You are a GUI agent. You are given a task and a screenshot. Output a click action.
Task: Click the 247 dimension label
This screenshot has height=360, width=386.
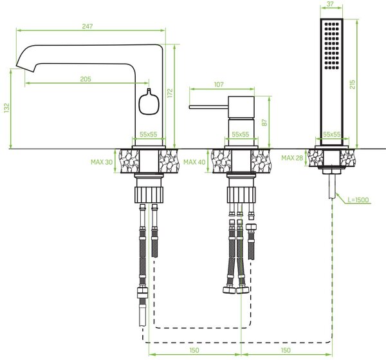(x=87, y=26)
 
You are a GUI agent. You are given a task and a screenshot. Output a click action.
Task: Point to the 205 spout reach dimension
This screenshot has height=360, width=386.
(x=86, y=79)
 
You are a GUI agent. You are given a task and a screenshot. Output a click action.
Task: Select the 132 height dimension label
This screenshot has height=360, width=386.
(x=6, y=108)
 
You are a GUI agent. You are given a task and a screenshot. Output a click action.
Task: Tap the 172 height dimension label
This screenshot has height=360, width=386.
(x=170, y=93)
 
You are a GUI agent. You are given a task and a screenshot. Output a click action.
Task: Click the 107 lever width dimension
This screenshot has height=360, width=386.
(x=219, y=84)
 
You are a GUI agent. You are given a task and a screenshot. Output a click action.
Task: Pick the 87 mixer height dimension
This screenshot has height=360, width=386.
(x=264, y=122)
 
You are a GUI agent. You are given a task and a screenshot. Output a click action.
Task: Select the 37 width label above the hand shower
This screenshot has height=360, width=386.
(x=331, y=4)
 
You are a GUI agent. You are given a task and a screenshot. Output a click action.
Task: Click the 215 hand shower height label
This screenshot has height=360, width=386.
(x=353, y=84)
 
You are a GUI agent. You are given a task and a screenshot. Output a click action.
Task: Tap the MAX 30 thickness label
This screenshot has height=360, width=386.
(x=102, y=162)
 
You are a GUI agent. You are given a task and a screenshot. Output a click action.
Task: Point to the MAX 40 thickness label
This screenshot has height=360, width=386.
(x=194, y=162)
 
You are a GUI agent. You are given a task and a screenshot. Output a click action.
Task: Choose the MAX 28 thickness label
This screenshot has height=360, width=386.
(x=292, y=158)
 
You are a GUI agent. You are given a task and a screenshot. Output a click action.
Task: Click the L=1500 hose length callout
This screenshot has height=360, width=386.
(x=358, y=200)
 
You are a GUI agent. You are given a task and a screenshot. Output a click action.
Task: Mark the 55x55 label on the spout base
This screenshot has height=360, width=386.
(x=148, y=135)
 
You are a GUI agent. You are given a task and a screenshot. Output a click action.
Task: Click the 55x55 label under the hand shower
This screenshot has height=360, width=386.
(x=331, y=135)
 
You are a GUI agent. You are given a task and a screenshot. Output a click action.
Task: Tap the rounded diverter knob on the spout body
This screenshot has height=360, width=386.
(x=149, y=102)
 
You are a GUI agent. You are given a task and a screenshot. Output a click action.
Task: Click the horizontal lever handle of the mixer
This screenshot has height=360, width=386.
(x=208, y=107)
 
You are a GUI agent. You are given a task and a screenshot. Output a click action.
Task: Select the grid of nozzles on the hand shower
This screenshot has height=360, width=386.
(x=331, y=46)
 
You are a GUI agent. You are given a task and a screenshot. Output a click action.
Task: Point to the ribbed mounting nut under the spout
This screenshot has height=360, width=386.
(x=149, y=194)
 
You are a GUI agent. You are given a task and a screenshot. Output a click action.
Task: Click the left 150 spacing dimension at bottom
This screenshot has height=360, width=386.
(x=194, y=350)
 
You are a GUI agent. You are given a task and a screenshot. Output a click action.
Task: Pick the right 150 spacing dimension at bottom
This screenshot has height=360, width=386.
(x=286, y=350)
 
